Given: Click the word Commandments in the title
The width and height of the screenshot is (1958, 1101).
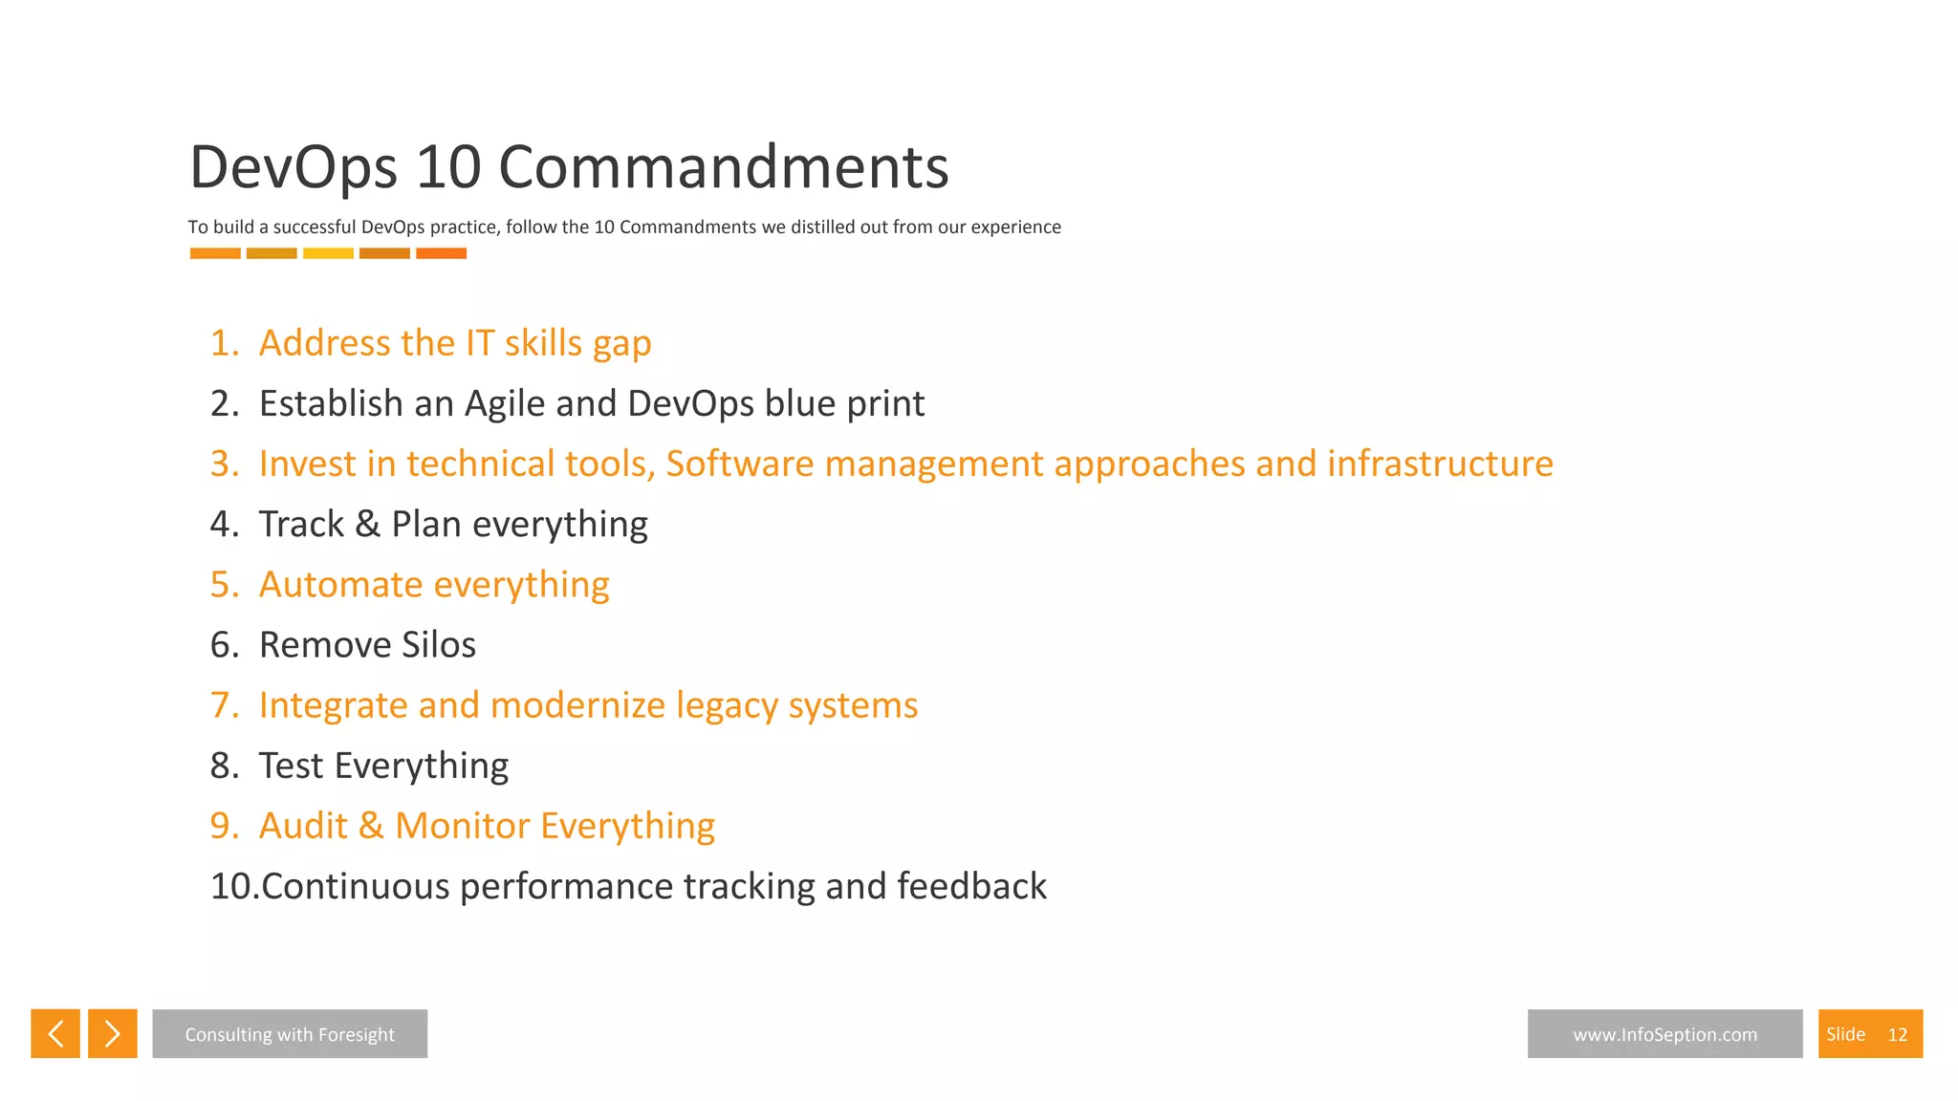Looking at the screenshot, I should click(723, 167).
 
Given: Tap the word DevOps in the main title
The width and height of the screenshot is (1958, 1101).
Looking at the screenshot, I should click(294, 167).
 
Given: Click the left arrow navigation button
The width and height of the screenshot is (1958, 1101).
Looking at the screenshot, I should click(55, 1033).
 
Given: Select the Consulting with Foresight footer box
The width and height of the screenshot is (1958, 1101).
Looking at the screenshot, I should click(290, 1033).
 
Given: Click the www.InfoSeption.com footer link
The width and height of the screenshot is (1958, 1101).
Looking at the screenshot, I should click(1664, 1033).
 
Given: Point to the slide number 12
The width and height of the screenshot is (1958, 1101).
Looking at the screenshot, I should click(1897, 1034).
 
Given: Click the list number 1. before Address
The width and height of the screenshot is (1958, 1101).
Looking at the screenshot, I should click(225, 343).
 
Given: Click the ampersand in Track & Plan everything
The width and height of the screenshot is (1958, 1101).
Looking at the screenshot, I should click(367, 525).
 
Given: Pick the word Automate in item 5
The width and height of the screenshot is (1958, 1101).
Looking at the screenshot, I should click(340, 584).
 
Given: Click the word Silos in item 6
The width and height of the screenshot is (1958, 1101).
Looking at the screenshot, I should click(438, 645).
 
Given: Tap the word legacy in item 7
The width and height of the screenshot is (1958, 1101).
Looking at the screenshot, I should click(727, 706).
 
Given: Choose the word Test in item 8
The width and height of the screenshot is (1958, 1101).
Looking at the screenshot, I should click(291, 766).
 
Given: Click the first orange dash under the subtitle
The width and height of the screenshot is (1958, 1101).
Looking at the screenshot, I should click(215, 253).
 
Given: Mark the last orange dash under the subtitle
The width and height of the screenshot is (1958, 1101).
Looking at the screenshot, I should click(441, 253).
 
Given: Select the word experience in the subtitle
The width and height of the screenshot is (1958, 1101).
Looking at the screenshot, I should click(1015, 227).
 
